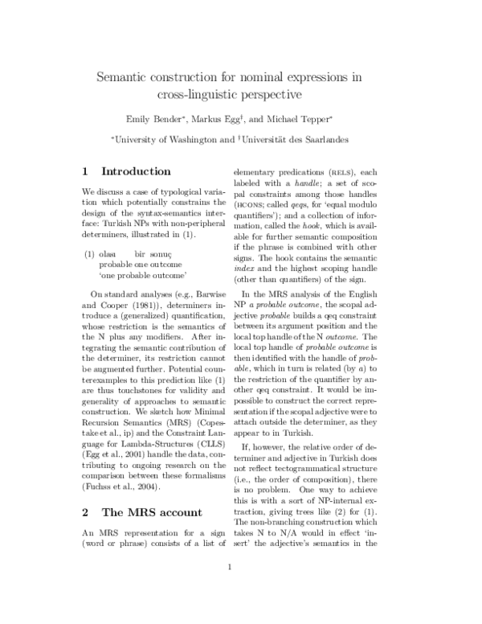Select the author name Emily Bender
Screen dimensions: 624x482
(x=174, y=120)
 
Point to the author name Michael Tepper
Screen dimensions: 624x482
(x=307, y=120)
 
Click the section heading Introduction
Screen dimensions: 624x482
(x=137, y=171)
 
